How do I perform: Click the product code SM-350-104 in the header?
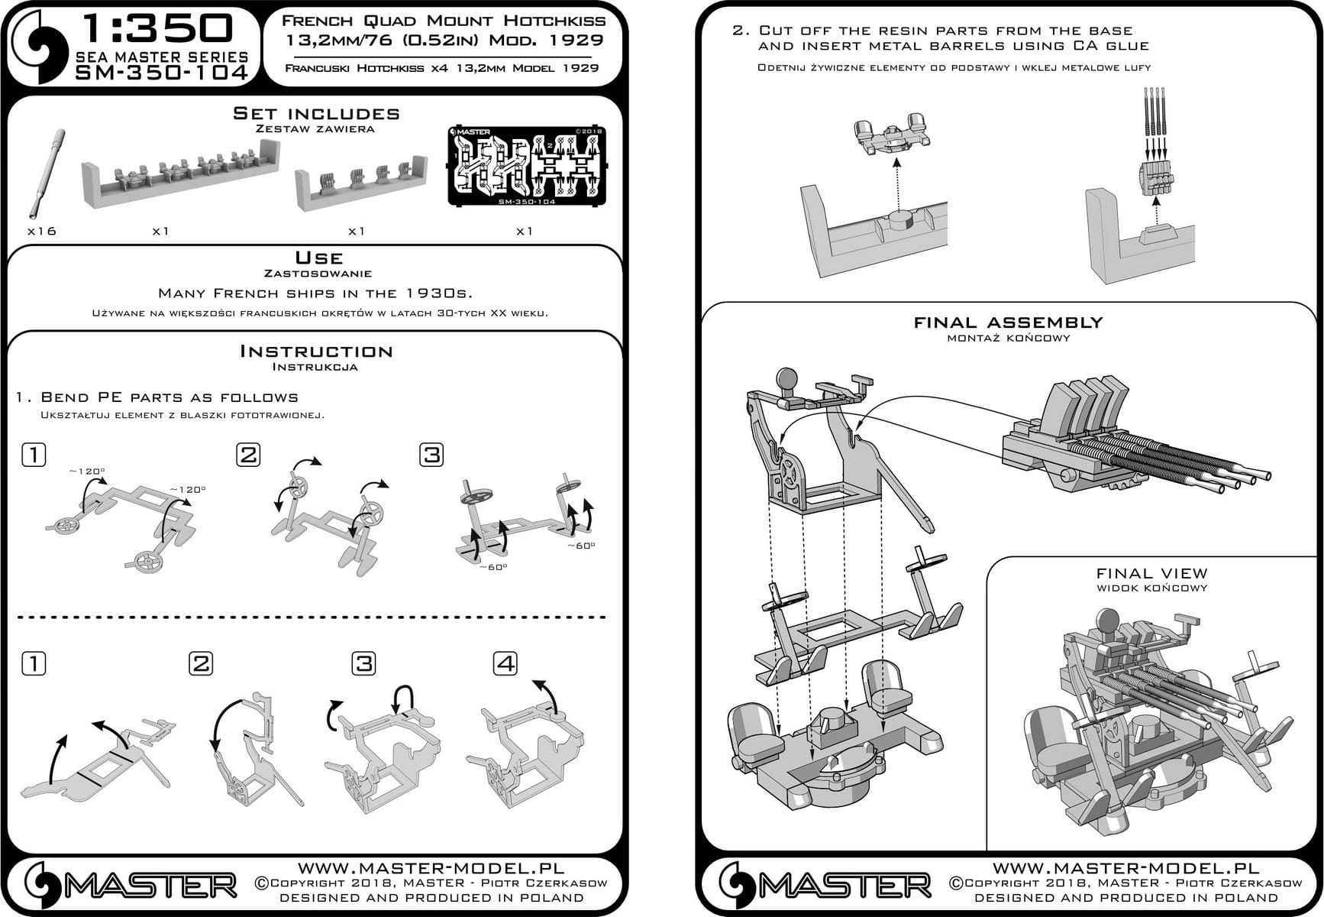coord(161,73)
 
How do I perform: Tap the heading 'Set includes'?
coord(316,114)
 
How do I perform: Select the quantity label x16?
coord(41,231)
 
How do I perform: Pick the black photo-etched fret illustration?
coord(526,166)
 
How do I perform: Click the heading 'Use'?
coord(318,258)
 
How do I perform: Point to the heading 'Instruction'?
coord(316,352)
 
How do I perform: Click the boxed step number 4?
coord(505,663)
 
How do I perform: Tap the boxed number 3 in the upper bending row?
coord(431,455)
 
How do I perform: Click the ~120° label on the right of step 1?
coord(188,490)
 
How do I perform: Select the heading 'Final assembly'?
coord(1008,322)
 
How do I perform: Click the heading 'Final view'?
coord(1151,573)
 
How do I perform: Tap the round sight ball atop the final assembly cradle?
coord(786,379)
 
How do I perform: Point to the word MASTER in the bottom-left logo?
coord(150,886)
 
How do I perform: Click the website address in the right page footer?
coord(1125,868)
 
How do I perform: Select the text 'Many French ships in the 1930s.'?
coord(315,293)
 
